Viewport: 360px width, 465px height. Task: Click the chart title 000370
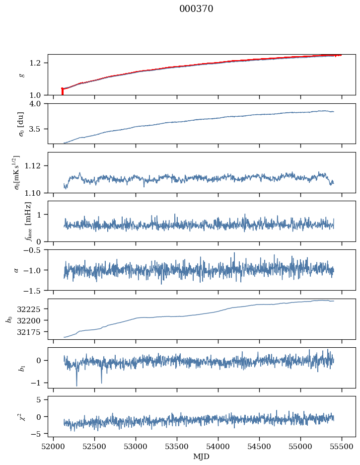point(196,9)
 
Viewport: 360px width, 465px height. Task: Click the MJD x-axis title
point(202,457)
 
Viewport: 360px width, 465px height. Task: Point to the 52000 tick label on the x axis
point(54,446)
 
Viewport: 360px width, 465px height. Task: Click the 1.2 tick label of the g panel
point(39,63)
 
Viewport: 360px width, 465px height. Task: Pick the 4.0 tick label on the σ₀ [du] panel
point(39,103)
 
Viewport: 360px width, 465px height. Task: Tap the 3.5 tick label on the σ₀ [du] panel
point(39,129)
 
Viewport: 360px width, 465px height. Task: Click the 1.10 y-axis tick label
point(37,192)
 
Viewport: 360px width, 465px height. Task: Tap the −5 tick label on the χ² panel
point(39,434)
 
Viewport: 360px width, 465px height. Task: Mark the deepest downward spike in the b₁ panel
point(76,385)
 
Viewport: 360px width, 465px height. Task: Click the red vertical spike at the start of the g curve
point(62,91)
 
